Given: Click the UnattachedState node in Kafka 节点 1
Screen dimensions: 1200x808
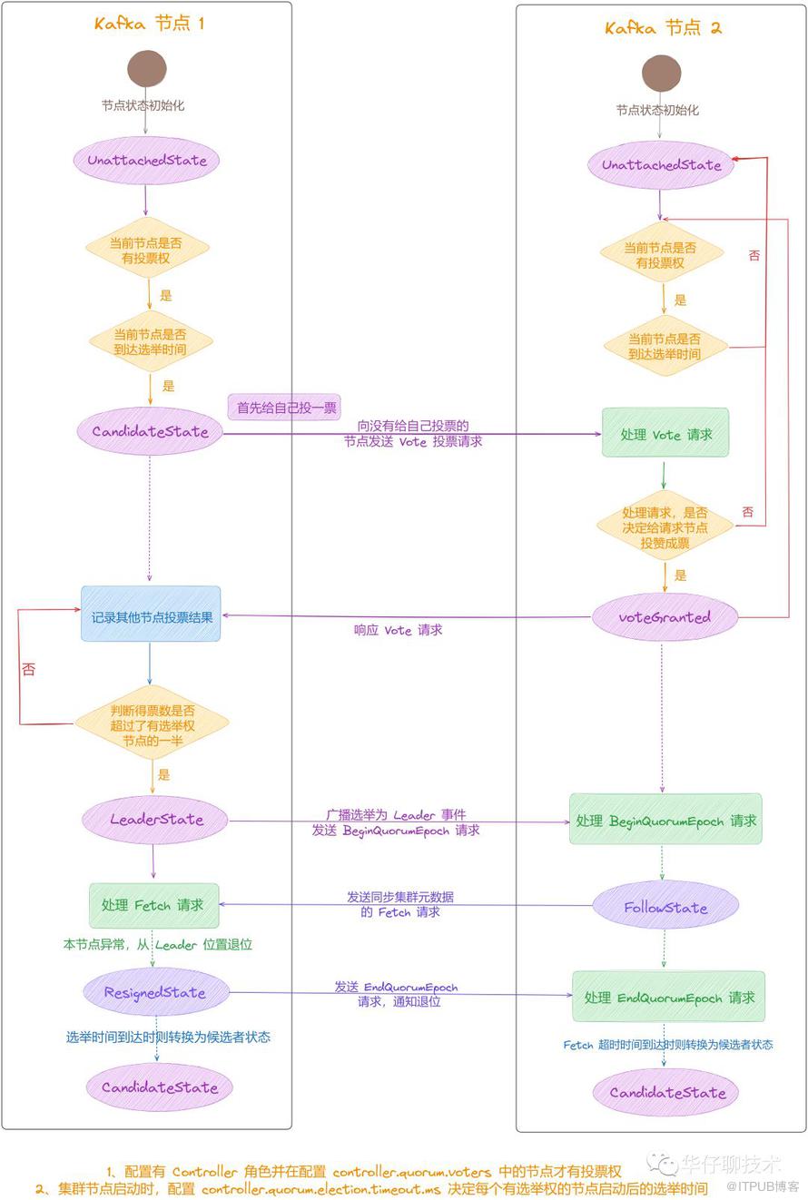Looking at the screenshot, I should (147, 161).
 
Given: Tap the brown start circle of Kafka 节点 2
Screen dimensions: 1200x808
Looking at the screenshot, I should (661, 74).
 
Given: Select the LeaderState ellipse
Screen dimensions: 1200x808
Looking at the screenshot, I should (156, 820).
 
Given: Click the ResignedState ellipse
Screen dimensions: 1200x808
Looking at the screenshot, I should (154, 992).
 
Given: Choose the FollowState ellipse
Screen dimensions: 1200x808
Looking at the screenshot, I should (665, 908).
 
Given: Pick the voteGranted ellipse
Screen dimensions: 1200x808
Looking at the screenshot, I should (665, 617).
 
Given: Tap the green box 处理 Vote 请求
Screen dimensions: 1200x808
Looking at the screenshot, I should (665, 434).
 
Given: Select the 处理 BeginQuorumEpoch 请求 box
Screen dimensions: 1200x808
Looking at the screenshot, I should (665, 821).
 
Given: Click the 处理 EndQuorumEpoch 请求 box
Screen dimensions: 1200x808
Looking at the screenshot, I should (669, 997).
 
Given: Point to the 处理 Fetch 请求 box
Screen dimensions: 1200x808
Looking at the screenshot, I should (153, 905).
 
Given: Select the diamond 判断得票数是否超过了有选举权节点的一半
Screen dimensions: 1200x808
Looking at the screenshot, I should (153, 724).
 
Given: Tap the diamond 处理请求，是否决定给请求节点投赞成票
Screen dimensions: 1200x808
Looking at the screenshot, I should (665, 526).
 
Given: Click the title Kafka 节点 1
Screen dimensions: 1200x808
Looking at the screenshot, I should (149, 24).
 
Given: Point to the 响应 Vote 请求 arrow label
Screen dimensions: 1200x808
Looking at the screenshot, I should (398, 630).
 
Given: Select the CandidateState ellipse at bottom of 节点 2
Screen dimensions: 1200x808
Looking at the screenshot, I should (667, 1092).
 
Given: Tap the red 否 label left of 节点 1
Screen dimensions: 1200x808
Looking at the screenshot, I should (29, 669).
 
